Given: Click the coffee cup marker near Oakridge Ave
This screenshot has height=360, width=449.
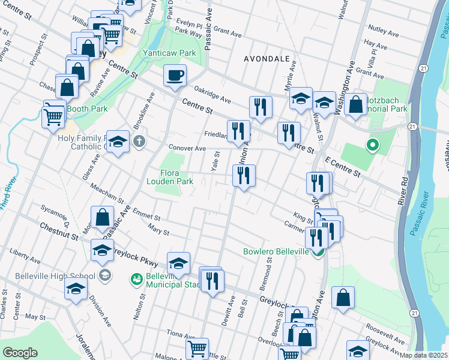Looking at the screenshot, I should tap(175, 76).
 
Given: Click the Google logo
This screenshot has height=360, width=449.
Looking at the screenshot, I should tap(20, 353).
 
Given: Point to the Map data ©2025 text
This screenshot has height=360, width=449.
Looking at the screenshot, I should tap(424, 355).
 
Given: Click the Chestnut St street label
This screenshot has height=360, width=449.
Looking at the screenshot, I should tap(59, 232).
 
